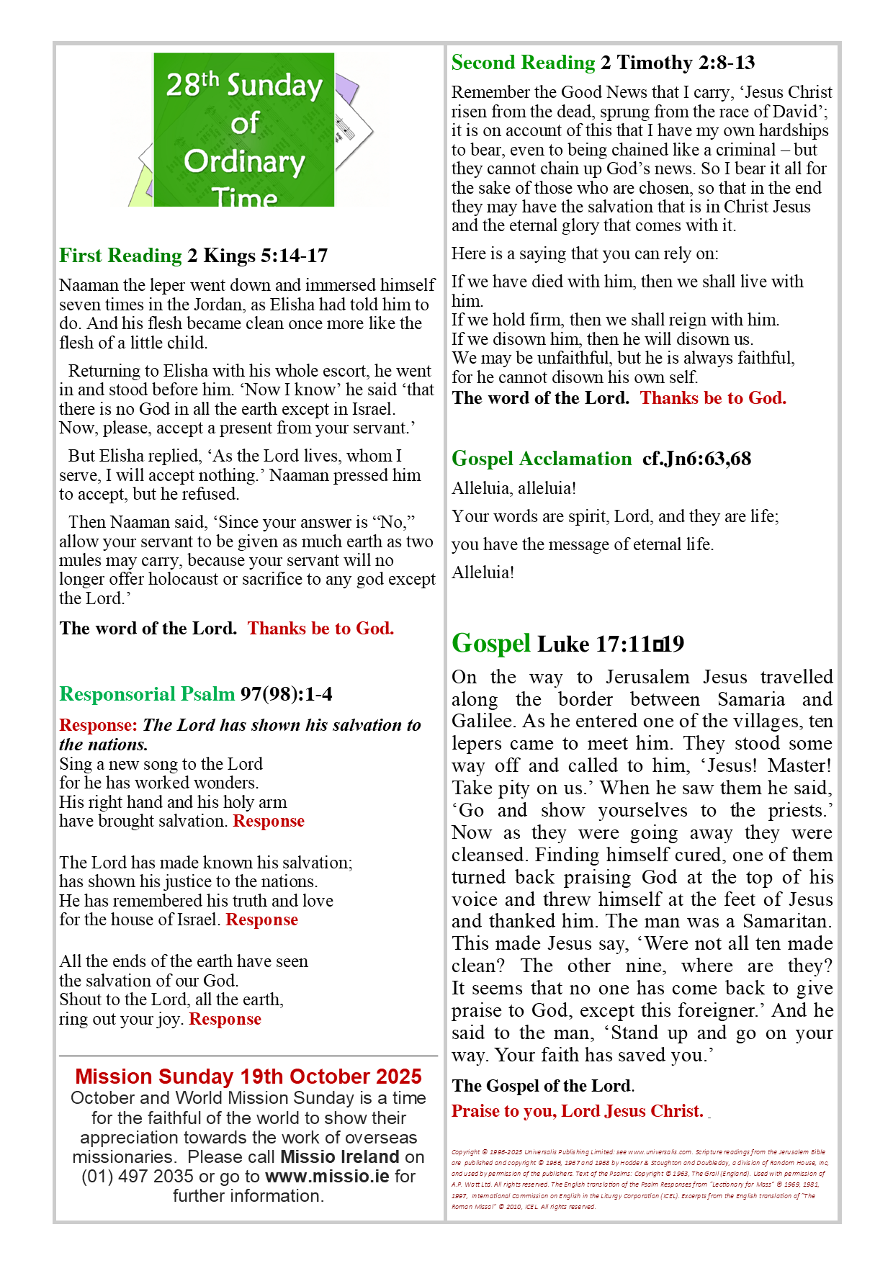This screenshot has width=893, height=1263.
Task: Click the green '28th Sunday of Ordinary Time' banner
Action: pos(244,130)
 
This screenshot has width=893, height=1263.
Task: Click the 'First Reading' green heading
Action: pos(120,256)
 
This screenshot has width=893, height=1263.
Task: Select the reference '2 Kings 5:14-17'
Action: pos(258,256)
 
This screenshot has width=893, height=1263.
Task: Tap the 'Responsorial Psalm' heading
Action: pos(147,694)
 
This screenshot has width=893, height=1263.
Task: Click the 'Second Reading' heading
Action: pos(523,63)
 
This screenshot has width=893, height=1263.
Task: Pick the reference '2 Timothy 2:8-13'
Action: pos(678,63)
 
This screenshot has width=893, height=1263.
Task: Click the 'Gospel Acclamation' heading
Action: pos(542,459)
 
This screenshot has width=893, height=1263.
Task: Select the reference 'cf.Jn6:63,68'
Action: pos(696,459)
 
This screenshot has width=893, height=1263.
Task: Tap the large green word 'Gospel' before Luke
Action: pos(490,643)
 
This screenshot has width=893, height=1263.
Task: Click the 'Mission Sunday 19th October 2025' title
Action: pos(248,1077)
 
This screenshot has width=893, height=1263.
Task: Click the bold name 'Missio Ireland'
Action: pos(339,1157)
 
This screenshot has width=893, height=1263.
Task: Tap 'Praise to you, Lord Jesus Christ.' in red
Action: pos(577,1111)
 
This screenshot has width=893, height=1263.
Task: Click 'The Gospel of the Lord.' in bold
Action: pos(543,1086)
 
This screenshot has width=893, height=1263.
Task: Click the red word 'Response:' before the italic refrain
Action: pos(98,725)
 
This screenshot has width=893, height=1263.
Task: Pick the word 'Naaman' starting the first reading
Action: pos(86,285)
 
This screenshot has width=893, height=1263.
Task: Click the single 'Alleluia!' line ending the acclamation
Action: pos(483,572)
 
